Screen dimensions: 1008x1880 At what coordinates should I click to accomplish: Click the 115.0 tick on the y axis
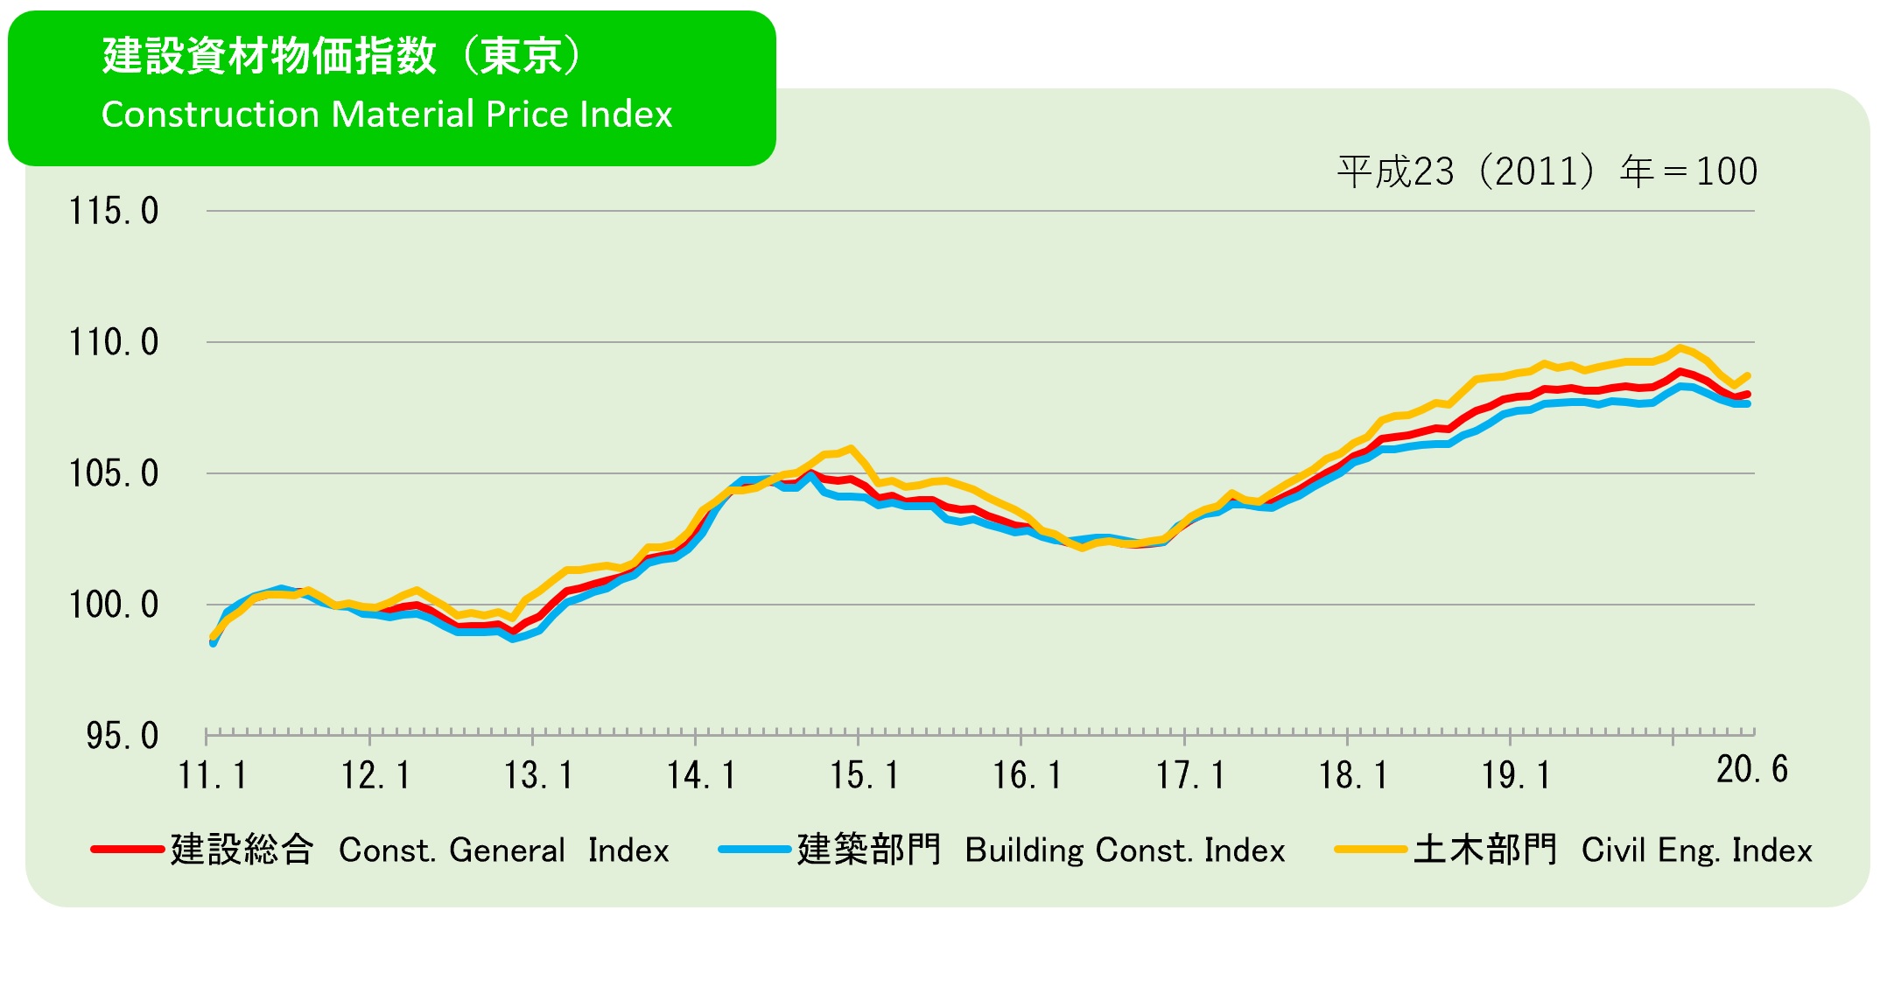coord(114,212)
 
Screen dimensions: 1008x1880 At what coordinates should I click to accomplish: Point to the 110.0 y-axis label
coord(114,343)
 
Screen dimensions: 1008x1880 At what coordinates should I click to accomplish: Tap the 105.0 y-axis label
coord(114,474)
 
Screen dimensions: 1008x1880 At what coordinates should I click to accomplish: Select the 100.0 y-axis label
coord(114,605)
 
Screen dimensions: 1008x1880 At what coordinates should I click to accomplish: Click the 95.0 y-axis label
coord(122,737)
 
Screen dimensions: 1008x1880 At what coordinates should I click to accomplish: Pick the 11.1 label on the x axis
coord(213,776)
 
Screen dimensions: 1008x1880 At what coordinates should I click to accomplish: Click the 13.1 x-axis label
coord(538,776)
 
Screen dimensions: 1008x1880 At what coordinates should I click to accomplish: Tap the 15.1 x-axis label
coord(864,776)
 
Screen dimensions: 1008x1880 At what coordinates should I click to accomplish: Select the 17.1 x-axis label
coord(1190,776)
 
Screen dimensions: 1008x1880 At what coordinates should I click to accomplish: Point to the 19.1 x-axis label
coord(1516,776)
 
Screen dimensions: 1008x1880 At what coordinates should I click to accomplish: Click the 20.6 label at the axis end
coord(1751,770)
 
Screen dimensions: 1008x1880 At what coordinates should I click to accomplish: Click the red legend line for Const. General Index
coord(127,850)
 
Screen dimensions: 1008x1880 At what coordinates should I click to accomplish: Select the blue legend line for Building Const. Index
coord(754,850)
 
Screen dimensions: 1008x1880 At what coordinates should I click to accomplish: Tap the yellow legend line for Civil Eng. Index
coord(1371,850)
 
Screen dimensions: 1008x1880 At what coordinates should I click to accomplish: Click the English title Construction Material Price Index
coord(387,115)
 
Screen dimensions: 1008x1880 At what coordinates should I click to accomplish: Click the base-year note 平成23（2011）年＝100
coord(1547,171)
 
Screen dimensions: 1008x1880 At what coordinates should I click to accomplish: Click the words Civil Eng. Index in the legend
coord(1696,850)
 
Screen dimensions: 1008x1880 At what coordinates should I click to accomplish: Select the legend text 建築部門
coord(868,850)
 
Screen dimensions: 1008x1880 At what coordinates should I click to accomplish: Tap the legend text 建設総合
coord(242,850)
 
